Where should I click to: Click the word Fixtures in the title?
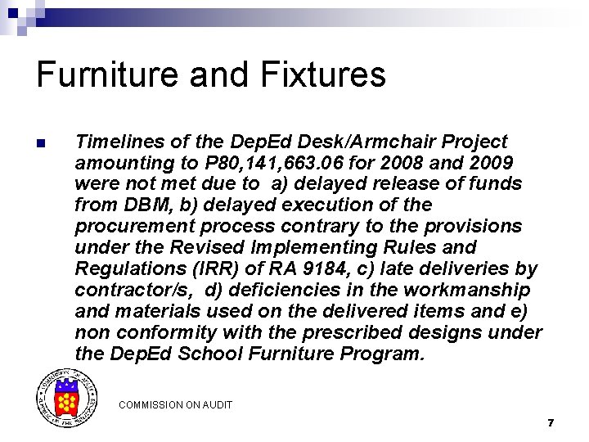pyautogui.click(x=323, y=74)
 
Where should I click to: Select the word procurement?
pyautogui.click(x=131, y=226)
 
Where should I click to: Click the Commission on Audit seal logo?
pyautogui.click(x=65, y=399)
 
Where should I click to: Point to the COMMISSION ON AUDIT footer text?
pyautogui.click(x=175, y=404)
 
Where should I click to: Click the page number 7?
pyautogui.click(x=551, y=423)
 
